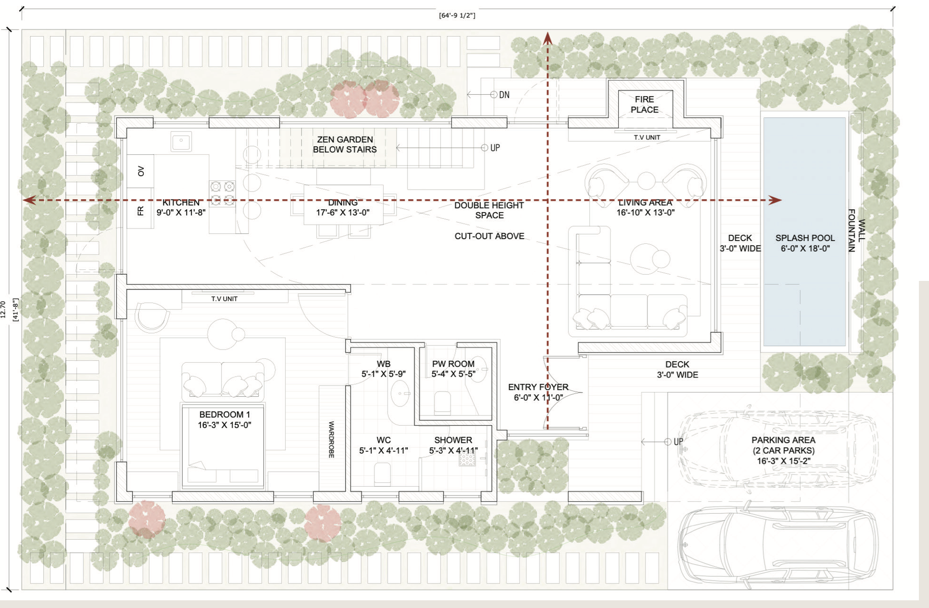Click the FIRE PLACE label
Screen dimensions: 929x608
(644, 104)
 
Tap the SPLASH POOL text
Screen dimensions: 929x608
(805, 238)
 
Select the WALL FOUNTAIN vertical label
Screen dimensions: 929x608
(856, 230)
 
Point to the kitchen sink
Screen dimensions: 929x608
(181, 142)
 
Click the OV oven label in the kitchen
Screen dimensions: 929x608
(141, 171)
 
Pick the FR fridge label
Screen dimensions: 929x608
(140, 211)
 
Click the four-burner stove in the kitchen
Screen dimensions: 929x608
(222, 193)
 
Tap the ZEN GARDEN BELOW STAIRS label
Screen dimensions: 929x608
(345, 144)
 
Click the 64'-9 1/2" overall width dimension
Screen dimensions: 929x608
(457, 15)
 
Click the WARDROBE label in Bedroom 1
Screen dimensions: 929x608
(331, 440)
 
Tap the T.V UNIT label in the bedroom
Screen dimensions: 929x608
(225, 299)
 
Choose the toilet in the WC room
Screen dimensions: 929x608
(382, 473)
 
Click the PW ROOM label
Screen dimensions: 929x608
(453, 364)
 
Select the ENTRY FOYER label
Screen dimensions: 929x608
(538, 387)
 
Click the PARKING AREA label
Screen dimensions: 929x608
(783, 440)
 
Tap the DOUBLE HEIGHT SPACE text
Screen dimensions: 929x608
(489, 210)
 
